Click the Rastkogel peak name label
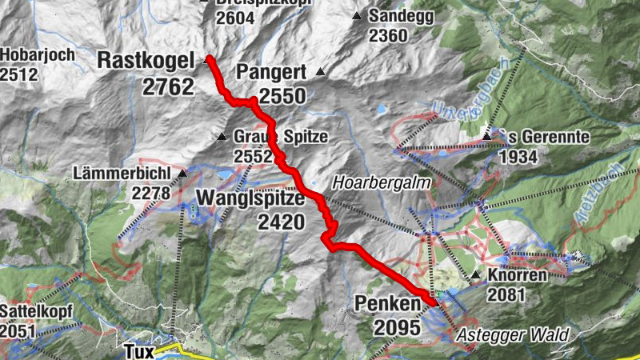(146, 60)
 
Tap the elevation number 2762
(168, 86)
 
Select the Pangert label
(271, 73)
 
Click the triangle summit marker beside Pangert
(321, 72)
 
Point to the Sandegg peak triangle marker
(356, 16)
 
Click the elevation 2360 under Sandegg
(388, 35)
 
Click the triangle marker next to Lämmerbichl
(182, 173)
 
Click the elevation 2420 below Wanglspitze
(281, 222)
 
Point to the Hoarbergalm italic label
(382, 182)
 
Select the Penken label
(388, 305)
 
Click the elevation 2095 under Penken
(396, 328)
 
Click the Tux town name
(138, 350)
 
